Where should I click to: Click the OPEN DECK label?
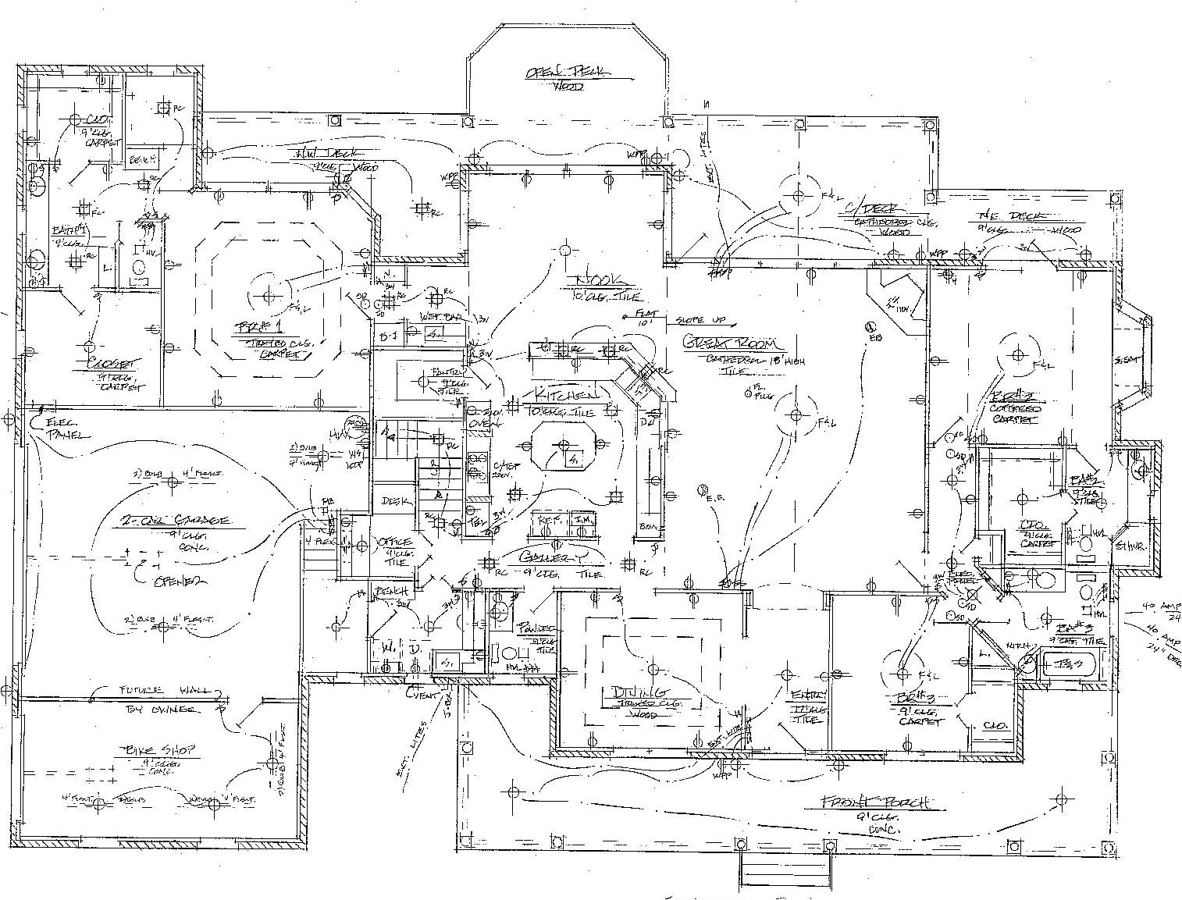point(568,72)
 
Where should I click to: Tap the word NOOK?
point(599,280)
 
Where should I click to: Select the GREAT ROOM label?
point(733,343)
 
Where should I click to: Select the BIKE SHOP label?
point(158,750)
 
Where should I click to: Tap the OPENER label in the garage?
point(180,582)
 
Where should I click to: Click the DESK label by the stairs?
point(391,501)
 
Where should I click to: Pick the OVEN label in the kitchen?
point(478,422)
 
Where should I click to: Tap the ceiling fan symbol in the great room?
point(796,415)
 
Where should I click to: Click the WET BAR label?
point(436,317)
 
